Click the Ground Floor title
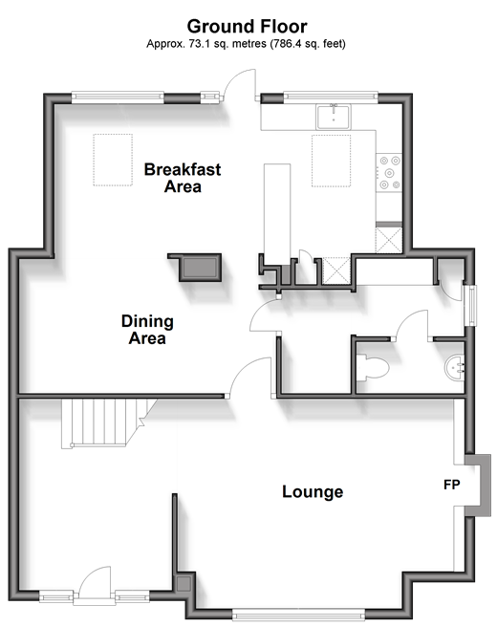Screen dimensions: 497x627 (x=248, y=27)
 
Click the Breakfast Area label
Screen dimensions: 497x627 (x=183, y=178)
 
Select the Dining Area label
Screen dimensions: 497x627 (x=147, y=330)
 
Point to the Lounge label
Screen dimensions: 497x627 (x=313, y=492)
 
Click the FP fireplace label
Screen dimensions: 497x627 (x=452, y=485)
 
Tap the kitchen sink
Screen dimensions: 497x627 (x=334, y=117)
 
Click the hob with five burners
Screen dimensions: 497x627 (x=389, y=173)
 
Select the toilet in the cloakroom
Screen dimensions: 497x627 (x=372, y=367)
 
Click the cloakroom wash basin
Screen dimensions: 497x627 (x=454, y=367)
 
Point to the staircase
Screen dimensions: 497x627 (x=105, y=423)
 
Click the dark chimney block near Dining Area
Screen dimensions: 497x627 (x=198, y=267)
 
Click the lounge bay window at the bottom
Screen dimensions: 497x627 (x=298, y=615)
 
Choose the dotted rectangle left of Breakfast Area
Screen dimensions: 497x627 (x=113, y=160)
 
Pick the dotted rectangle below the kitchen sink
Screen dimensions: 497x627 (x=331, y=161)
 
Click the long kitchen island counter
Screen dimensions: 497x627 (x=277, y=213)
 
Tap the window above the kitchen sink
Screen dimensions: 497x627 (x=331, y=97)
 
